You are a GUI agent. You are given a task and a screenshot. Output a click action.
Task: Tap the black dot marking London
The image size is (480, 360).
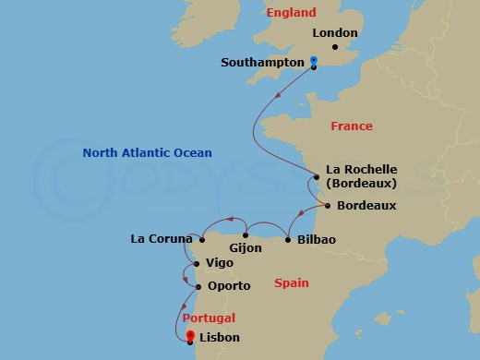(x=336, y=46)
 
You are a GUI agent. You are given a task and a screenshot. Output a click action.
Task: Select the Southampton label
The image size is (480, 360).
(x=263, y=63)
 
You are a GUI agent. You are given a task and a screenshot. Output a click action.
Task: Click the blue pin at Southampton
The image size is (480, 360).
(x=314, y=62)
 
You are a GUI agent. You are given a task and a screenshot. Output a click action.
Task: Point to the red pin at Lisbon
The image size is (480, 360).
(x=190, y=336)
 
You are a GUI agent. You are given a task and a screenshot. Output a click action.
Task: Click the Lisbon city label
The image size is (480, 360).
(x=220, y=338)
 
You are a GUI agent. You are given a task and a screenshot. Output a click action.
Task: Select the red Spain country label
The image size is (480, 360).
(x=292, y=283)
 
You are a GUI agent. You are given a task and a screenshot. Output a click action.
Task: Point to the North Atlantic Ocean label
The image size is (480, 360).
(x=147, y=152)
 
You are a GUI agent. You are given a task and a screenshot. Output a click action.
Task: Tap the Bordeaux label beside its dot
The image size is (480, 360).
(x=366, y=205)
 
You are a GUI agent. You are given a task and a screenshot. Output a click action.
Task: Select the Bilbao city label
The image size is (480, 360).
(x=317, y=240)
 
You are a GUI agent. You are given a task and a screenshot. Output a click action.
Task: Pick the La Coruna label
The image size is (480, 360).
(x=161, y=240)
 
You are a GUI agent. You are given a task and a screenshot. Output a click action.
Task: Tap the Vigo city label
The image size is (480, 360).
(x=220, y=263)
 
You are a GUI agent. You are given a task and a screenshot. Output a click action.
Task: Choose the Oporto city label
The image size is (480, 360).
(x=229, y=286)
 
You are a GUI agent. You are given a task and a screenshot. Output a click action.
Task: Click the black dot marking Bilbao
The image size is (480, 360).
(x=290, y=240)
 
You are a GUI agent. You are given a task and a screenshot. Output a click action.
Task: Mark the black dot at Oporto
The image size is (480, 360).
(x=198, y=286)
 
